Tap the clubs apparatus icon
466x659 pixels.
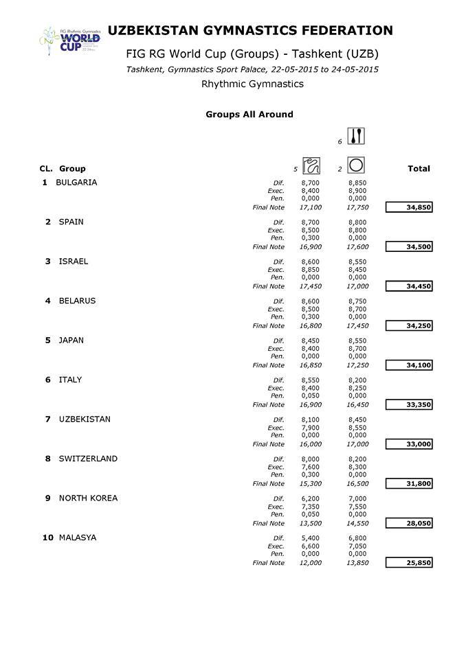(x=356, y=137)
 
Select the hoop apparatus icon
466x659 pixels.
(x=356, y=165)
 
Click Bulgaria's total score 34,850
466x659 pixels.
(x=409, y=207)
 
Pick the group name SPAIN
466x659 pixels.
(x=71, y=222)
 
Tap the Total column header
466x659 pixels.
(x=419, y=168)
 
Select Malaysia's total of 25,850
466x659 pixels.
(x=409, y=563)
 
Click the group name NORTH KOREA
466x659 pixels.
(x=88, y=498)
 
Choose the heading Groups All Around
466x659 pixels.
(x=249, y=115)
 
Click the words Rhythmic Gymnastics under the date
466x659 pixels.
(x=252, y=84)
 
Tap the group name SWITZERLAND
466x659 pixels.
(x=88, y=459)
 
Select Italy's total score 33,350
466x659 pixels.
(x=409, y=405)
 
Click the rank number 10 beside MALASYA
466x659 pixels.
(x=48, y=537)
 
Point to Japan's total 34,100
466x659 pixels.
(x=409, y=365)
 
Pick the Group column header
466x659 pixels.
(x=72, y=168)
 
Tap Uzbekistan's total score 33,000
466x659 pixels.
(x=409, y=444)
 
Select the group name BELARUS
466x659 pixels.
(x=77, y=301)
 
